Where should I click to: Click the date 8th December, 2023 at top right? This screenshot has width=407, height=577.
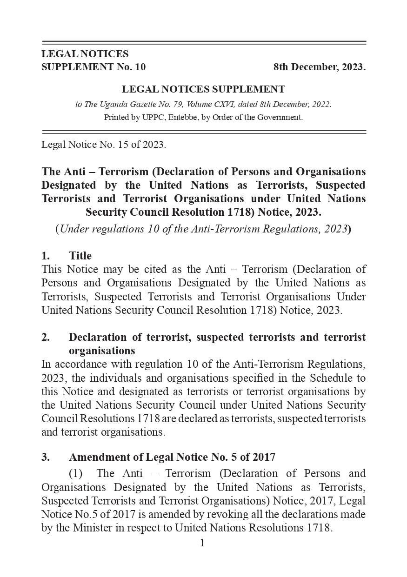point(319,67)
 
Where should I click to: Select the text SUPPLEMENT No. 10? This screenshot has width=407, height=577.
point(93,67)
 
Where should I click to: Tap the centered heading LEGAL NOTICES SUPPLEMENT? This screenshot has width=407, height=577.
point(203,89)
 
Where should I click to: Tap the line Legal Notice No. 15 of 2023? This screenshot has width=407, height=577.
point(103,145)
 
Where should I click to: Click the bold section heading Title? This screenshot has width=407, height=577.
point(80,256)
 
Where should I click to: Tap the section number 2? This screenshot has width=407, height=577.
point(46,337)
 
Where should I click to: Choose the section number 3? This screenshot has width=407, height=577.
point(46,457)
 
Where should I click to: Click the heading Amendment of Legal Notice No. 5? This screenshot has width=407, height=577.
point(172,457)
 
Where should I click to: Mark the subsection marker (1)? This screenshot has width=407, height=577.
point(75,474)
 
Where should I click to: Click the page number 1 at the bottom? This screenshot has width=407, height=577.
point(202,543)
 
